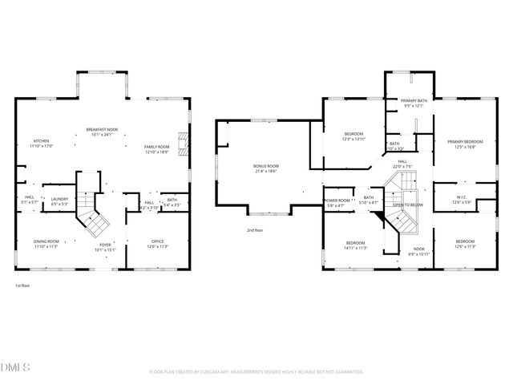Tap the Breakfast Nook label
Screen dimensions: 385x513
(x=102, y=132)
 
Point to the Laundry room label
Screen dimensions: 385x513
(x=59, y=201)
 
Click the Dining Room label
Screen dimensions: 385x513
(x=46, y=244)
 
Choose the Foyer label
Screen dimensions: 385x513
(x=106, y=247)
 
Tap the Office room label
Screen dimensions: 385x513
(x=159, y=244)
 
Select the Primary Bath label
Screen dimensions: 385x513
(x=414, y=103)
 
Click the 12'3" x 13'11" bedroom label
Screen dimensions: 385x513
(x=353, y=136)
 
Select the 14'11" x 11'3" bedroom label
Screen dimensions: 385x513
(x=356, y=245)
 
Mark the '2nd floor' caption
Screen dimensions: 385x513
(x=256, y=230)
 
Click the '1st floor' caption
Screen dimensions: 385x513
(x=22, y=286)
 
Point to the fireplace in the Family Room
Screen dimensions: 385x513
(x=183, y=145)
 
